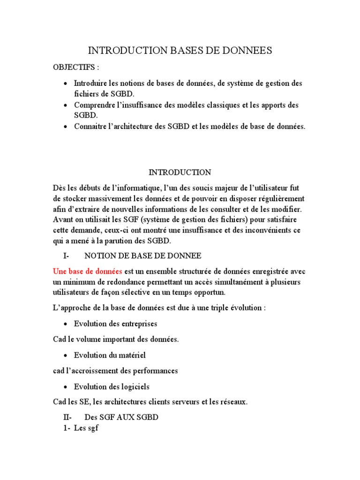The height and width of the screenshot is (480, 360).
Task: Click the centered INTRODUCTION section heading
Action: pyautogui.click(x=180, y=172)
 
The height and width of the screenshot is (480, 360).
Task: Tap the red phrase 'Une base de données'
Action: pyautogui.click(x=88, y=271)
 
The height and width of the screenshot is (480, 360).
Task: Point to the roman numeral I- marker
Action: pyautogui.click(x=66, y=255)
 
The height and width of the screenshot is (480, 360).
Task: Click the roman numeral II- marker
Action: pyautogui.click(x=68, y=417)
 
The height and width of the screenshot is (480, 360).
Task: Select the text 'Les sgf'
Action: pyautogui.click(x=86, y=428)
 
